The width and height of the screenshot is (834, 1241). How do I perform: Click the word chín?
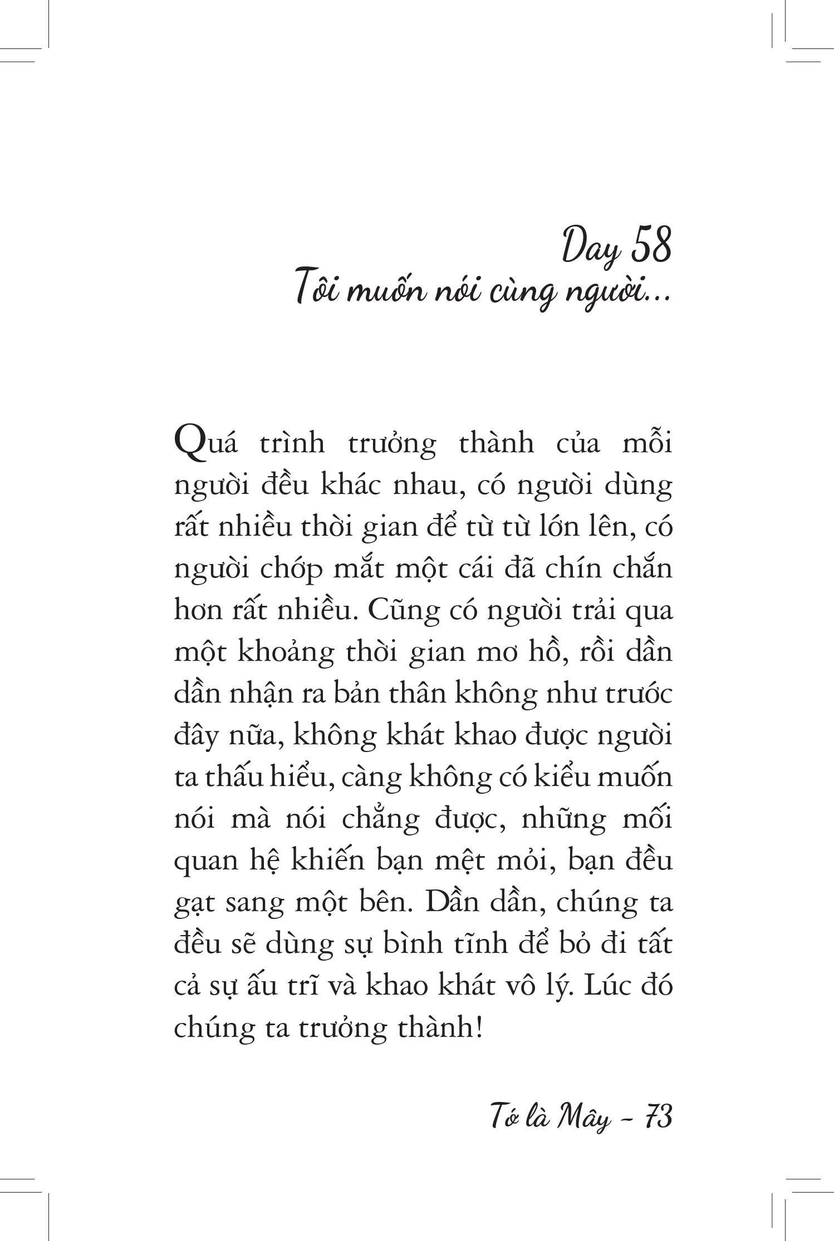[x=573, y=568]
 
